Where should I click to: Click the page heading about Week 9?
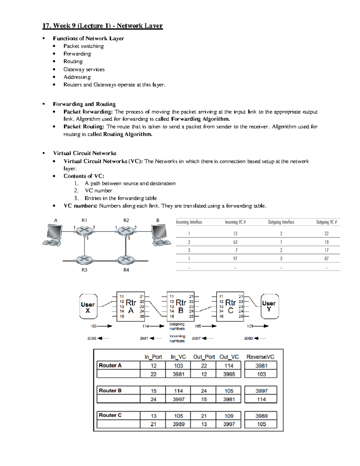(102, 26)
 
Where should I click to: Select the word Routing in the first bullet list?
(73, 61)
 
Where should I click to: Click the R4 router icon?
(126, 260)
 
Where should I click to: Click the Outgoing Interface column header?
(281, 222)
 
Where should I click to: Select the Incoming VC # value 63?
(235, 242)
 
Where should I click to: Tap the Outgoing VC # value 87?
(326, 258)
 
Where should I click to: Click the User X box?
(88, 307)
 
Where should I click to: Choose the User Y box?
(269, 306)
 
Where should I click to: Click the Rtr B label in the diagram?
(181, 306)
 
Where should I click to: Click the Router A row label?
(110, 365)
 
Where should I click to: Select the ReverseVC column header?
(260, 357)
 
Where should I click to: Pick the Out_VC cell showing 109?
(229, 416)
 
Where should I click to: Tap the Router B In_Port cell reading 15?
(153, 391)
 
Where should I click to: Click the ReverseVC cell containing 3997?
(261, 391)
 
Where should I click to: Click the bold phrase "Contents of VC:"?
(84, 176)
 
